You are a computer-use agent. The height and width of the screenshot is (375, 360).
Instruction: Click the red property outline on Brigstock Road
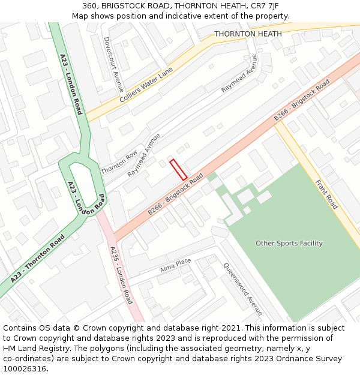(178, 170)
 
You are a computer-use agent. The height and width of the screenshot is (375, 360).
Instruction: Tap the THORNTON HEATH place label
(248, 34)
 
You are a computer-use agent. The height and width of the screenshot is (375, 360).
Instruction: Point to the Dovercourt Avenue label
(113, 64)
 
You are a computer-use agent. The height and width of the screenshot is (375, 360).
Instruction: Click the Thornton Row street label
(119, 162)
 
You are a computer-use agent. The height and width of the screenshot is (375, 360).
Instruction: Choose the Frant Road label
(326, 187)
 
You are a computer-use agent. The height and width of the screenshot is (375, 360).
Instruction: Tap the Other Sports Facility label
(289, 243)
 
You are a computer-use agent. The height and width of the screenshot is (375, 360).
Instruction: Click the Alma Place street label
(175, 266)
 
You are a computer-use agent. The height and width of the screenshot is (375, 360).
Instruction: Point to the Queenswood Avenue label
(243, 289)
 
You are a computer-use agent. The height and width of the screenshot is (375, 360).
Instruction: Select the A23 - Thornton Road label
(37, 259)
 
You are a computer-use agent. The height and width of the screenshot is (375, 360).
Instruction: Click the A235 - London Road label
(121, 275)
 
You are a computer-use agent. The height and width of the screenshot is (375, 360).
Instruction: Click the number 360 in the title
(90, 5)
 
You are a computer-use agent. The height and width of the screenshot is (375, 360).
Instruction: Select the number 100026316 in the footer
(25, 368)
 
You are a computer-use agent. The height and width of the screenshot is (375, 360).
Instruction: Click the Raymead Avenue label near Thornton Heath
(239, 73)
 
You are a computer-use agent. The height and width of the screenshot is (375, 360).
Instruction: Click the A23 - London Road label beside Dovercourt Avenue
(71, 84)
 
